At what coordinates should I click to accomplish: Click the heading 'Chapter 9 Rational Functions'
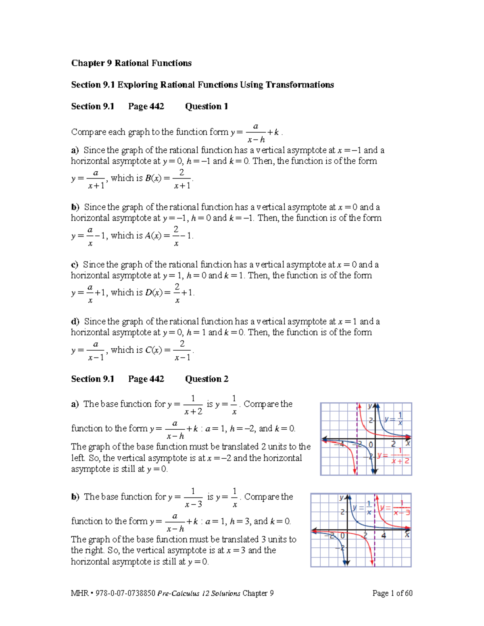(x=131, y=63)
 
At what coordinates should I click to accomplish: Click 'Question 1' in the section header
(x=207, y=106)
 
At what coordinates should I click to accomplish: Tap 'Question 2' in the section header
(x=207, y=379)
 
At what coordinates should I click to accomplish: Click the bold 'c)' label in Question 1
(x=75, y=265)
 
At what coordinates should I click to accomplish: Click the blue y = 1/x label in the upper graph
(x=393, y=419)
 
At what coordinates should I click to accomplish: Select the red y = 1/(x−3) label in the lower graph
(x=395, y=508)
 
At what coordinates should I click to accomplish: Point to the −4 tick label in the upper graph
(x=341, y=444)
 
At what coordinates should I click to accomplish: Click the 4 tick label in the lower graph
(x=384, y=536)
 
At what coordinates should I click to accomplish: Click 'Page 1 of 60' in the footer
(x=392, y=593)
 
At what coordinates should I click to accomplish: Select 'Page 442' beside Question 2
(x=146, y=379)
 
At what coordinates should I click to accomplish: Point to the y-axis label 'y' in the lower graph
(x=341, y=498)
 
